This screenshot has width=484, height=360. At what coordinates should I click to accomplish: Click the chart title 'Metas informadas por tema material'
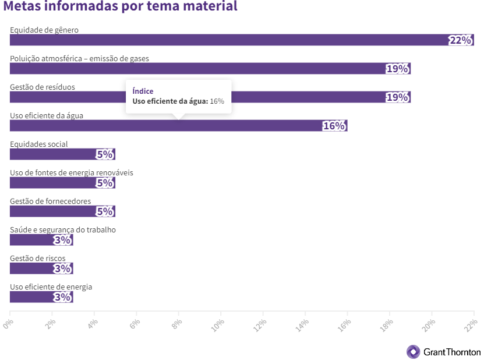[120, 8]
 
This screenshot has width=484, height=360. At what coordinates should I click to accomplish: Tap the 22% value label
[460, 40]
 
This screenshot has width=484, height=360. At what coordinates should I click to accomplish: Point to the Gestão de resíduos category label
[43, 87]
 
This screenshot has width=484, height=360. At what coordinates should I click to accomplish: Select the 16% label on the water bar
[334, 126]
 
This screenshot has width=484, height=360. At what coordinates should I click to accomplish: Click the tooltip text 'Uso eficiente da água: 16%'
[178, 101]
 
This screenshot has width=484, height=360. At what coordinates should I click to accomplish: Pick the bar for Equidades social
[52, 154]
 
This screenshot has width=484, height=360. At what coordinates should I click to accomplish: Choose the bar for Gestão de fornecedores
[52, 211]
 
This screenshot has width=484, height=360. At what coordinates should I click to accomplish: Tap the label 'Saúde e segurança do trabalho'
[63, 230]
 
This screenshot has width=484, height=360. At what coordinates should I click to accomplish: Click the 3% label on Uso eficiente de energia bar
[62, 298]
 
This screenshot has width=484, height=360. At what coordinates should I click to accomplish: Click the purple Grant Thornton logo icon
[413, 352]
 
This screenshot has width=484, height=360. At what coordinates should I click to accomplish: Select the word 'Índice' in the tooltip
[143, 91]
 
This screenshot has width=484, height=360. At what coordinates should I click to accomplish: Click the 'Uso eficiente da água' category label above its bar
[47, 115]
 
